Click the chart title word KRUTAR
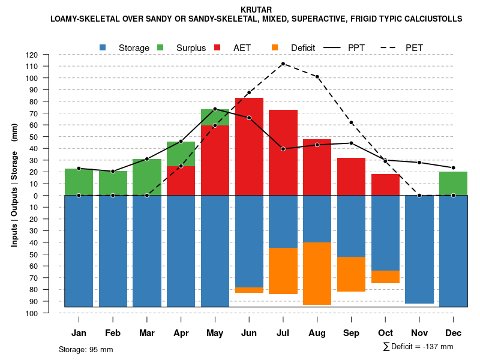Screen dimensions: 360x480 coord(256,10)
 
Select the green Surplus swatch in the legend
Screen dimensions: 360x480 coord(160,47)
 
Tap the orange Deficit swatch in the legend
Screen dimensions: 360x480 coord(275,47)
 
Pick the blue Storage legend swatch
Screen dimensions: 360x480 coord(103,47)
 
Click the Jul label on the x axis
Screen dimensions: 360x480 coord(283,333)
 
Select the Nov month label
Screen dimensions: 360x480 coord(419,333)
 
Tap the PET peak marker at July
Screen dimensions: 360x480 coord(283,64)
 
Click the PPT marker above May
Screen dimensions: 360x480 coord(215,109)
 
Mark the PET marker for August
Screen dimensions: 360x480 coord(317,77)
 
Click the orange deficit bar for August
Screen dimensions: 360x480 coord(317,274)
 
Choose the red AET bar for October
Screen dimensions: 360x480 coord(385,185)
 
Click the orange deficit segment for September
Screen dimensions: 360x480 coord(351,274)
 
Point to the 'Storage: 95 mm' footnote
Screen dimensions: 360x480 coord(86,349)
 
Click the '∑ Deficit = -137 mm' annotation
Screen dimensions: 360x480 coord(418,347)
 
